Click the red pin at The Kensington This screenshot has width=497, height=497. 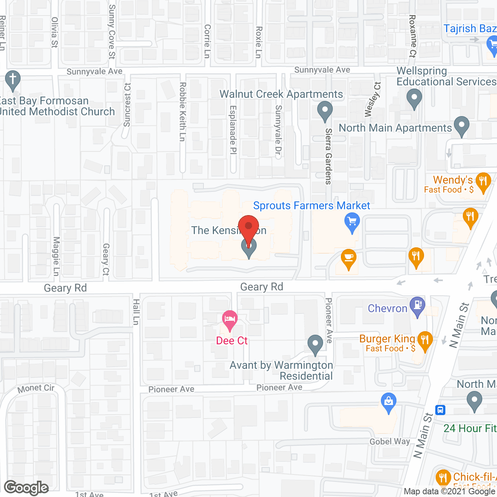248,226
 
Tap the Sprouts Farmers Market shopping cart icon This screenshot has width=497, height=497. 352,222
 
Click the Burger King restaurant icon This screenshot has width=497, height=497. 425,340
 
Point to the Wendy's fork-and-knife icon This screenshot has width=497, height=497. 483,181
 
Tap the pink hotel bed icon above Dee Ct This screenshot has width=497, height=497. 230,320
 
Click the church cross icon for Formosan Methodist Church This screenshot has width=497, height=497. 13,79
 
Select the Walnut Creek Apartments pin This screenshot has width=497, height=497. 325,110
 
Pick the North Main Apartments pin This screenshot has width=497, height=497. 462,125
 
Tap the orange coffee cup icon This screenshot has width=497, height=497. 349,258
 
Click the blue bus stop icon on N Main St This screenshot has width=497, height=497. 440,410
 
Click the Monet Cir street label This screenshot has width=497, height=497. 36,388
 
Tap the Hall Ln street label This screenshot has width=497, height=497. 136,312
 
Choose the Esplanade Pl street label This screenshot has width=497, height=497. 233,130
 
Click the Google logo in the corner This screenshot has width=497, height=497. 26,488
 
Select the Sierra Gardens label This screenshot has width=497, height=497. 328,156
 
